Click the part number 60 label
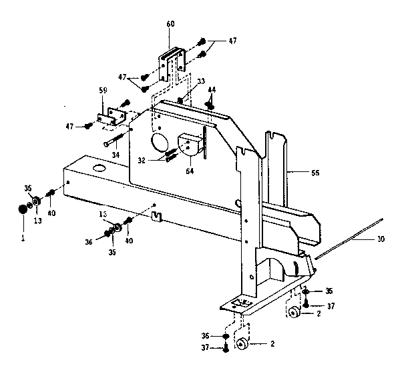pos(170,24)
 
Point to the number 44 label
pos(211,89)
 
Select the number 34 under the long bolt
pos(115,155)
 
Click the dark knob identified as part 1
pos(22,210)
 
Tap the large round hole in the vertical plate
pos(160,143)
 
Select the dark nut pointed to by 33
pos(182,101)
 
